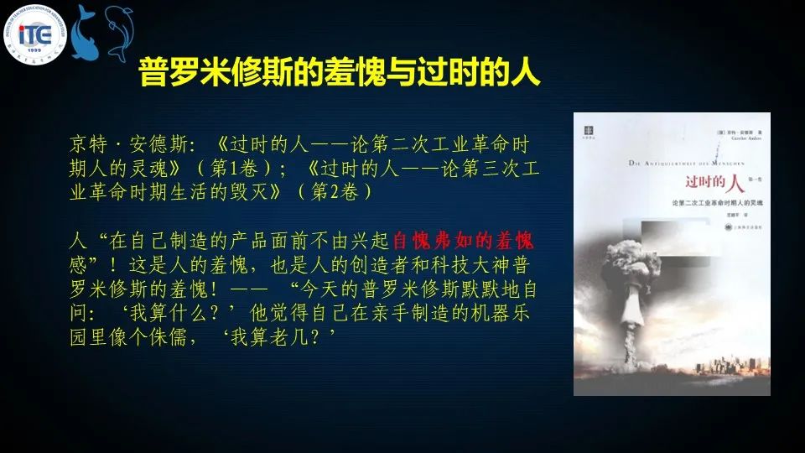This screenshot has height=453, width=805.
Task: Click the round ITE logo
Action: tap(34, 34)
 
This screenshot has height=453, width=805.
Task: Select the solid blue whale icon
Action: tap(85, 34)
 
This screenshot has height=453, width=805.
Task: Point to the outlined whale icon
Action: tap(118, 33)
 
